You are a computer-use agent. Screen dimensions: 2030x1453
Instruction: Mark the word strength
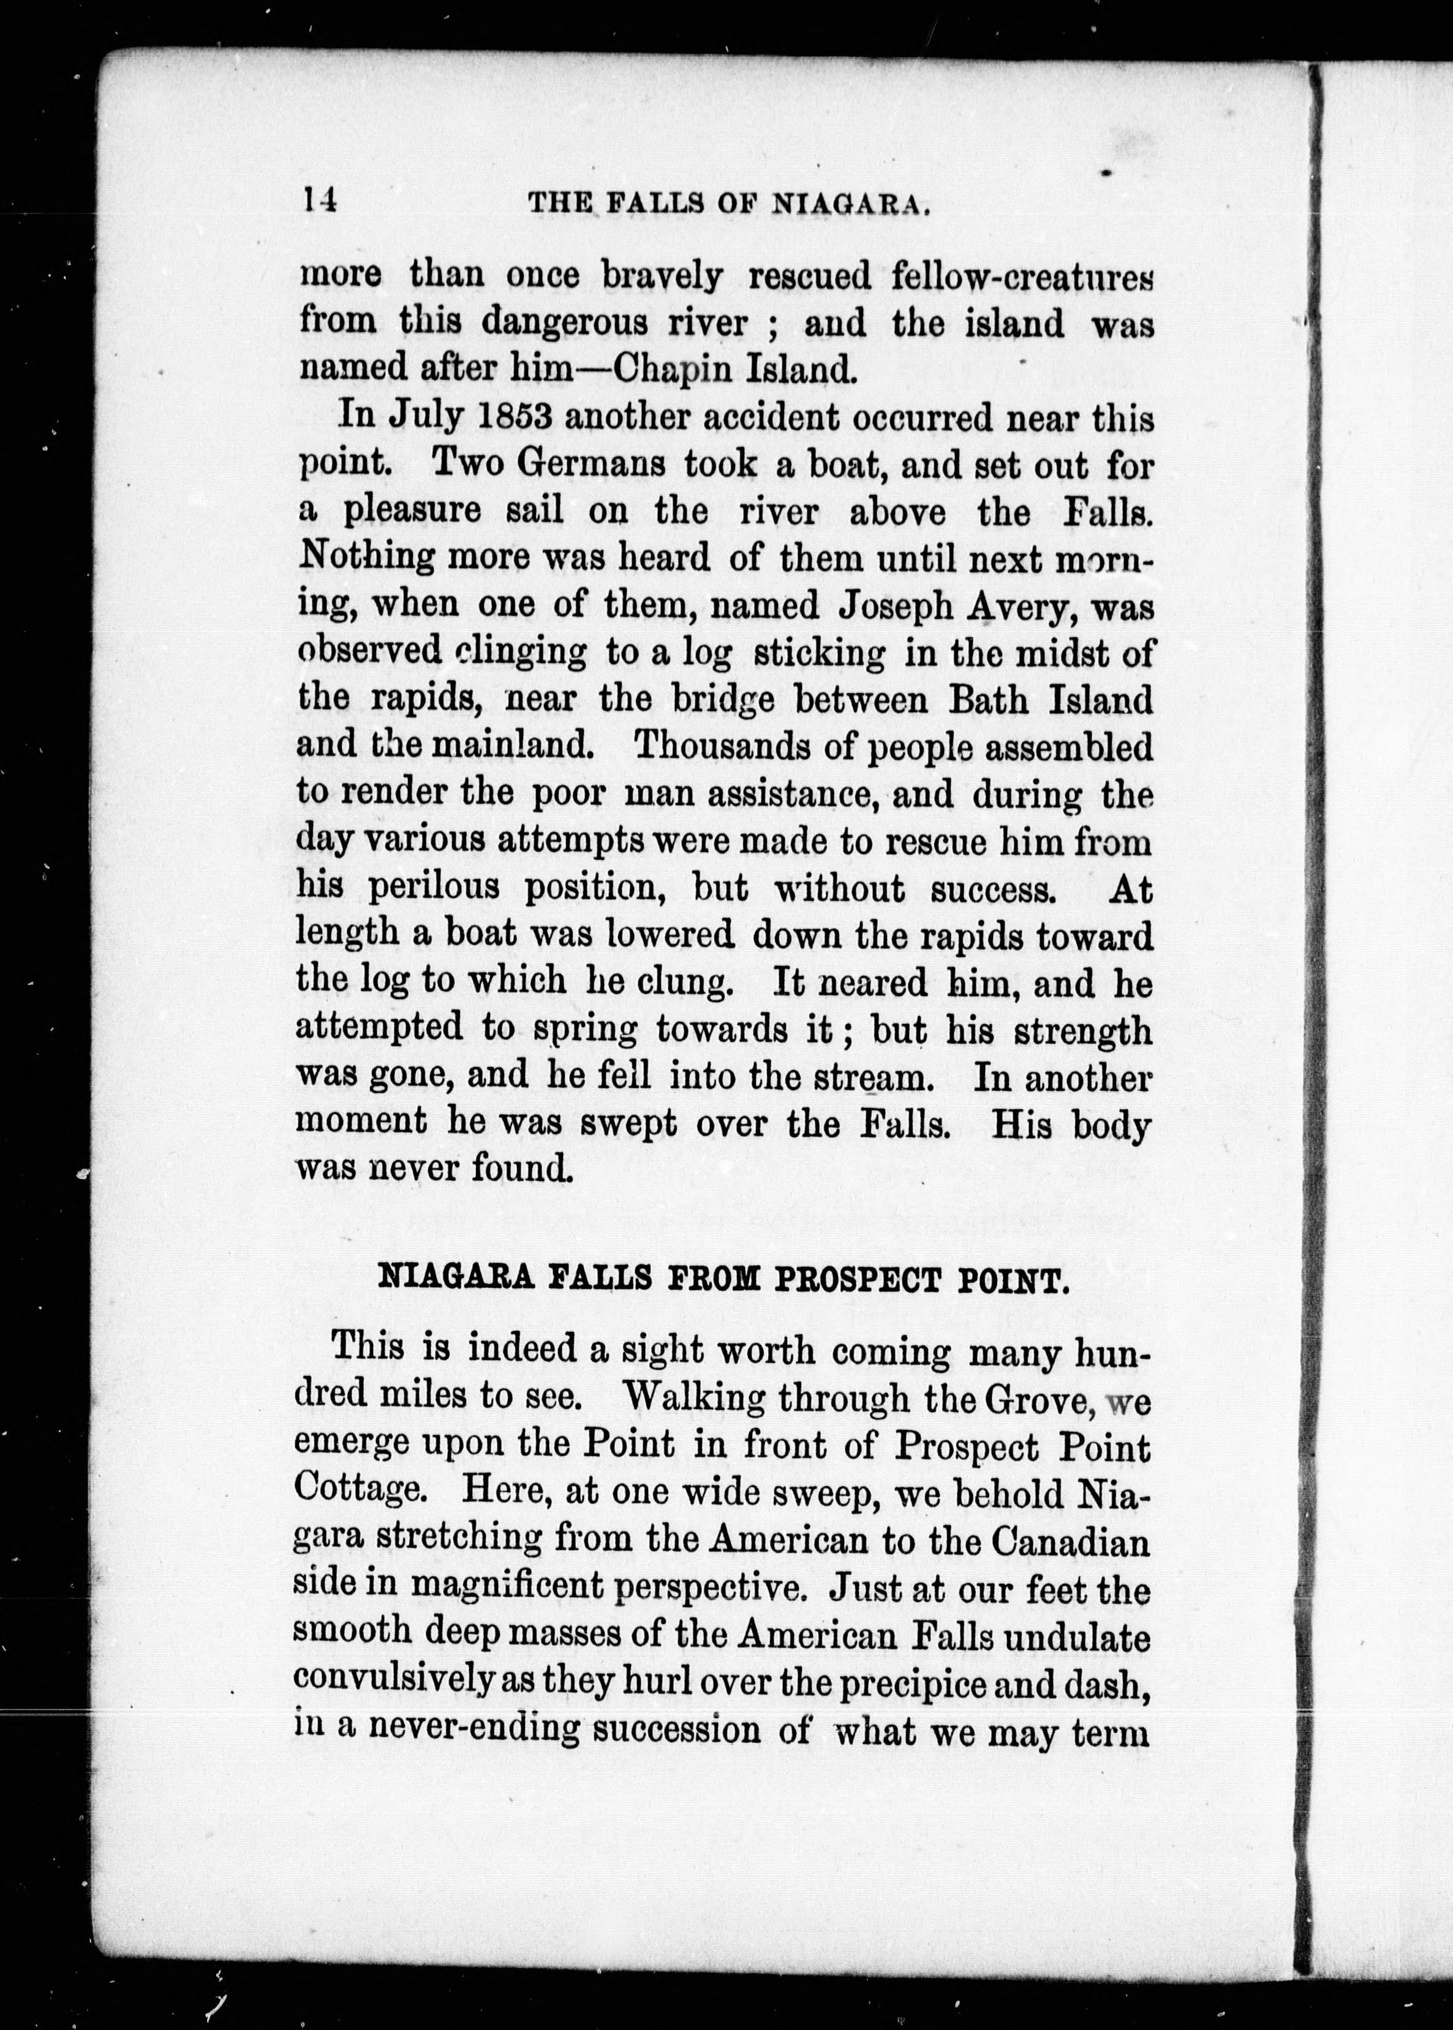1084,1029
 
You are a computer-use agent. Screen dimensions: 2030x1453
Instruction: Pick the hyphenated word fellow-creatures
1022,276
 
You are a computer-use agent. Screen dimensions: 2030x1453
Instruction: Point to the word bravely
662,276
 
